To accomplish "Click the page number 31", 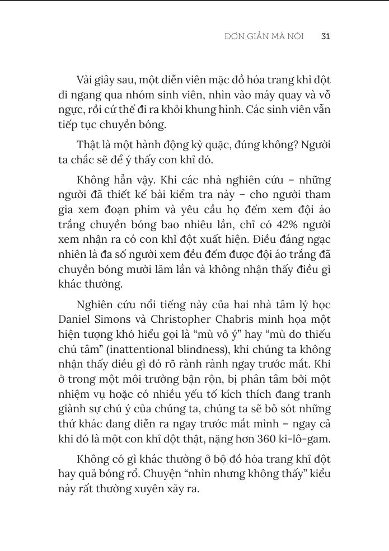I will tap(326, 36).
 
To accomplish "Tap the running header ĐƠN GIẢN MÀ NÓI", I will tap(264, 36).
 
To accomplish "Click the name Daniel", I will tap(76, 319).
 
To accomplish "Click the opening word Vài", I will tap(86, 80).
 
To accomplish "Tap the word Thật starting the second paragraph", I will tap(88, 145).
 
